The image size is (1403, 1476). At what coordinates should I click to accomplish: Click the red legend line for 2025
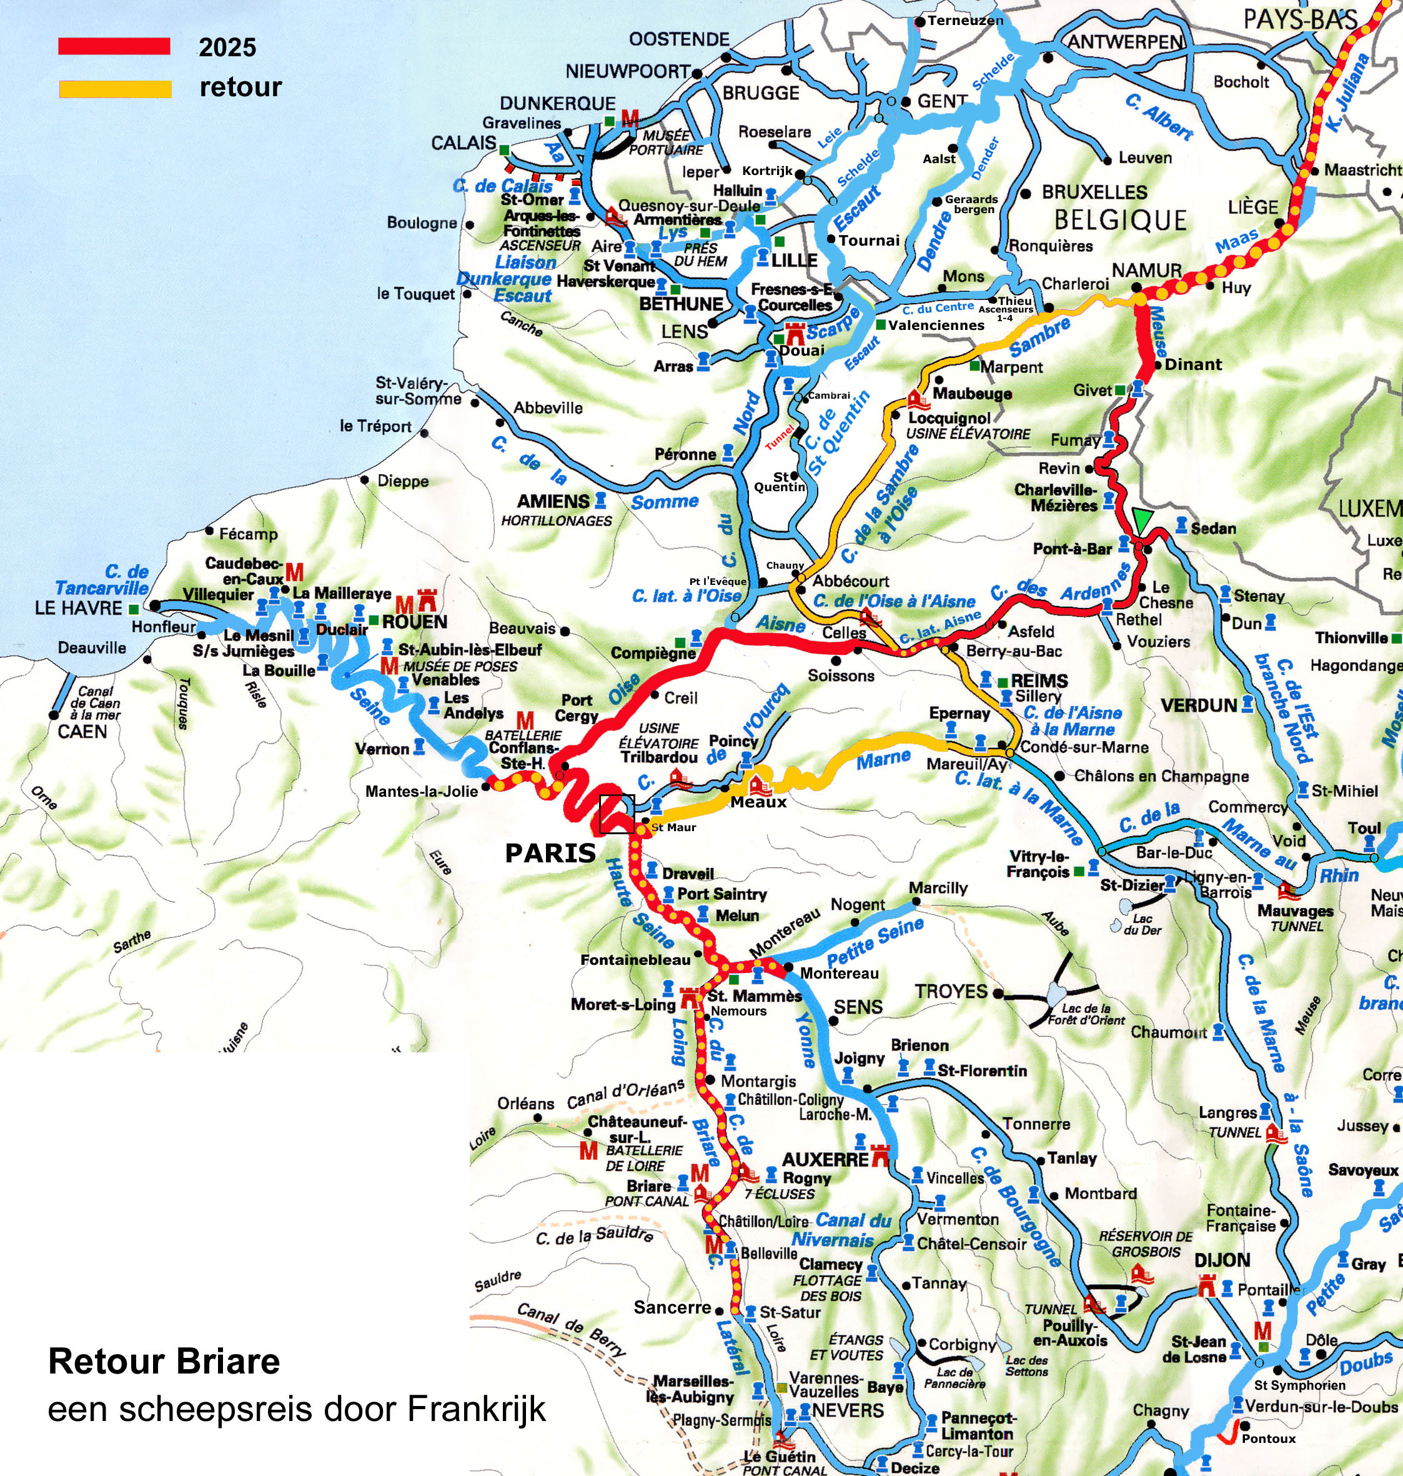coord(114,46)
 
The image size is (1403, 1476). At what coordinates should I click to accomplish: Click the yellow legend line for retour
coord(115,89)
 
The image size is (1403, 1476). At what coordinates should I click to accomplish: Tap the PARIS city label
coord(550,853)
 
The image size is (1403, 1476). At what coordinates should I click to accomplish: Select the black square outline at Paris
coord(617,814)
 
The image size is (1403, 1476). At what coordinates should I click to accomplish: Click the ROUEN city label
coord(414,622)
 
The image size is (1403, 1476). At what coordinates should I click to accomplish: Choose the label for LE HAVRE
coord(78,607)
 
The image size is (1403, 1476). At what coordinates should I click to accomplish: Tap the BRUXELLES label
coord(1094,192)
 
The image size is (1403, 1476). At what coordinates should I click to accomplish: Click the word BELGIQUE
coord(1120,220)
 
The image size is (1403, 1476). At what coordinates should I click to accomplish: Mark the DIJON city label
coord(1222,1260)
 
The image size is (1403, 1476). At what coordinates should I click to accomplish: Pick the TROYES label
coord(951,992)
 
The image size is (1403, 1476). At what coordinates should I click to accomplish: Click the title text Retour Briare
coord(164,1362)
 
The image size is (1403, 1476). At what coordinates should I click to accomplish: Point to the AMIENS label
coord(553,501)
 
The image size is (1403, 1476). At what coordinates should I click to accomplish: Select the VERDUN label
coord(1199,705)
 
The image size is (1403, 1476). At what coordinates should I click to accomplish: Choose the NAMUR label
coord(1146,270)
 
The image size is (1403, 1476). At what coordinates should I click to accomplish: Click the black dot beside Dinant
coord(1158,365)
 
